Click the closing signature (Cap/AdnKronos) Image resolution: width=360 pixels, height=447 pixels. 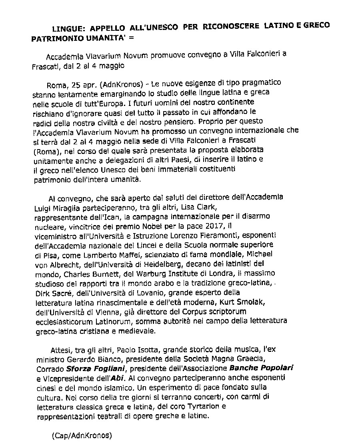pyautogui.click(x=82, y=435)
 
